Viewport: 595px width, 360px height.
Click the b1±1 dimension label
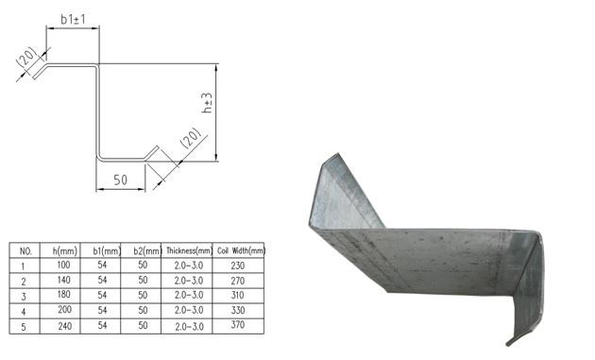[x=74, y=19]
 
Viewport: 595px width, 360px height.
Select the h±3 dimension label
[x=207, y=103]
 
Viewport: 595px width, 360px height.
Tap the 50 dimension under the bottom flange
[x=120, y=180]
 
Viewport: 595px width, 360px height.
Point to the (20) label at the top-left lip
[x=26, y=58]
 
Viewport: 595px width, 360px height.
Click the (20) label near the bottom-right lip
[x=191, y=138]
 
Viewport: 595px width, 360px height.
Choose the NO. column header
[x=25, y=251]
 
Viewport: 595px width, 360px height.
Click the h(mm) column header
[x=64, y=250]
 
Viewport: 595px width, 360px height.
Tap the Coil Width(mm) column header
[x=241, y=250]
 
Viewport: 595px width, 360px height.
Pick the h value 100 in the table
[x=63, y=265]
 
